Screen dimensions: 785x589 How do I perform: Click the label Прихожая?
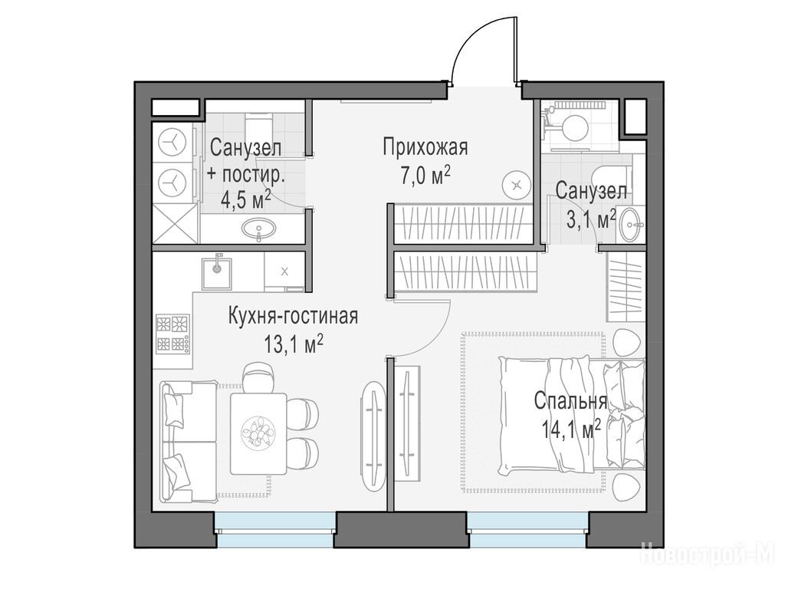(x=425, y=148)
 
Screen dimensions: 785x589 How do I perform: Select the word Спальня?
(x=570, y=401)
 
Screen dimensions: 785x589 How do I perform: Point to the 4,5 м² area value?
(x=246, y=200)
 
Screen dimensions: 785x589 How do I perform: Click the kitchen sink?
(x=217, y=274)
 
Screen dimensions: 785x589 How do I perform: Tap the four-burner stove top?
(x=172, y=334)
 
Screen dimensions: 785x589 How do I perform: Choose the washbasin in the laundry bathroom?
(x=258, y=230)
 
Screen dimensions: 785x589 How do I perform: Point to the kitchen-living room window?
(x=275, y=529)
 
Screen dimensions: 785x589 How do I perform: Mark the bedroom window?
(x=527, y=529)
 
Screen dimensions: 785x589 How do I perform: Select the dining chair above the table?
(x=259, y=377)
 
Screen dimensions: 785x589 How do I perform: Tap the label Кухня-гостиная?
(x=293, y=317)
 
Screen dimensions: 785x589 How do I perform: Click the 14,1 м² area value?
(x=570, y=429)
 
